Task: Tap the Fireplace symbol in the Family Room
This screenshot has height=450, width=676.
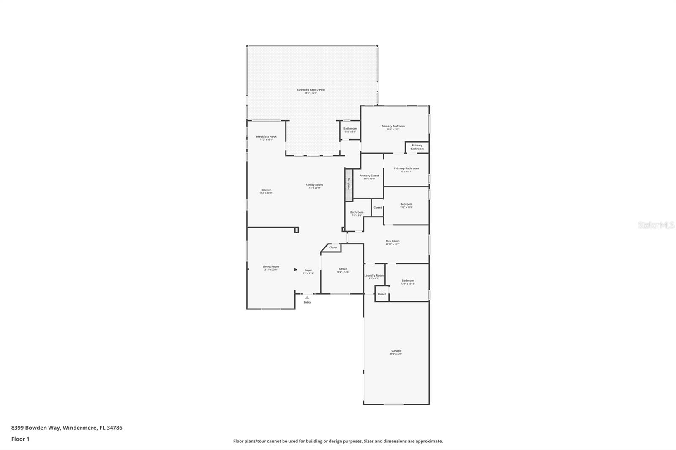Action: pyautogui.click(x=349, y=184)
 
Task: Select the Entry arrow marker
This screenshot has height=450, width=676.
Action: pyautogui.click(x=307, y=298)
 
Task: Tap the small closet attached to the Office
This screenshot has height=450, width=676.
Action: pyautogui.click(x=333, y=247)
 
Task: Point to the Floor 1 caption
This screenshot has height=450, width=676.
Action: pyautogui.click(x=20, y=439)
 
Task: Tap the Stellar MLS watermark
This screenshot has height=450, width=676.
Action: pyautogui.click(x=656, y=225)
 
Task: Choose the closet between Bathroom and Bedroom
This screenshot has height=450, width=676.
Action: pyautogui.click(x=377, y=207)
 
